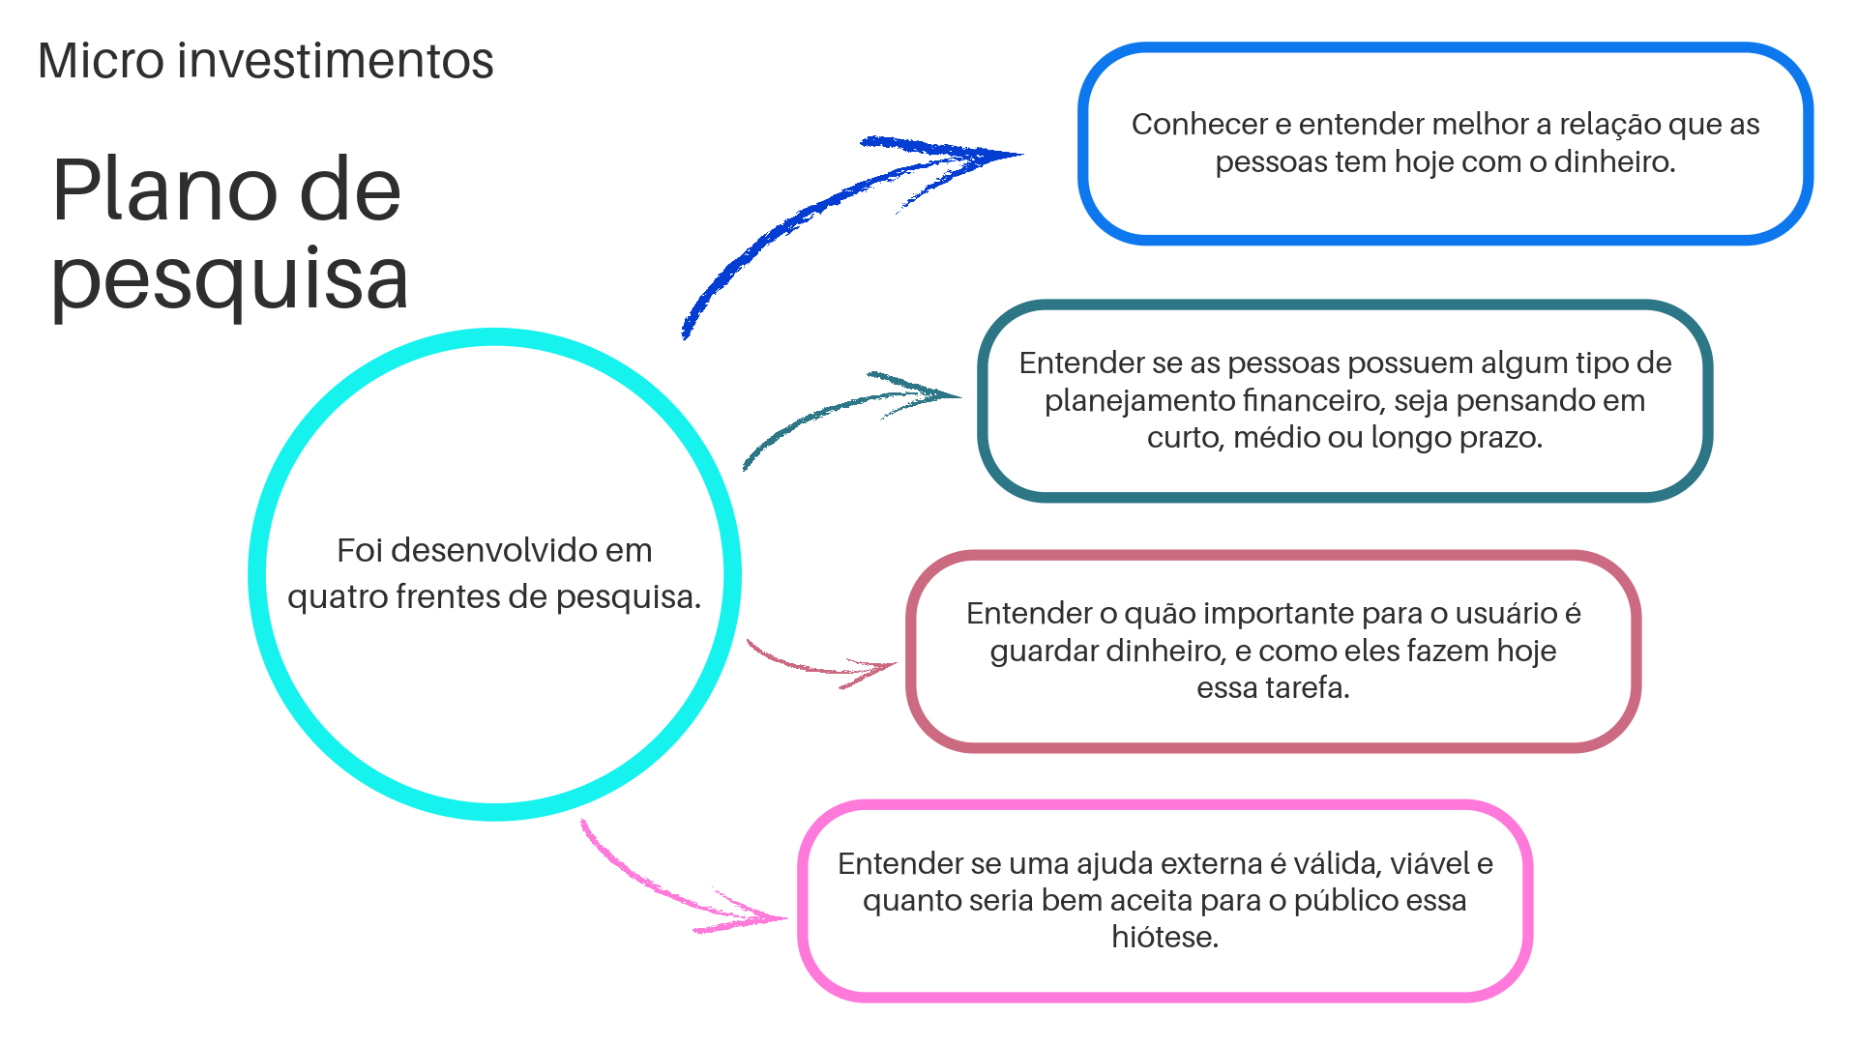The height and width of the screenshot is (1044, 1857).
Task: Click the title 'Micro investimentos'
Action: [x=266, y=60]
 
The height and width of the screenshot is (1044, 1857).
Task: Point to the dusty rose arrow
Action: [x=822, y=663]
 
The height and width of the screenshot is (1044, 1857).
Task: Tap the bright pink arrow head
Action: [x=745, y=913]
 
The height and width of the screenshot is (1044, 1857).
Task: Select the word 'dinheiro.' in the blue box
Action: [x=1615, y=160]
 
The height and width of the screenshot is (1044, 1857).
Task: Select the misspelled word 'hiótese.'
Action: [x=1165, y=936]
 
